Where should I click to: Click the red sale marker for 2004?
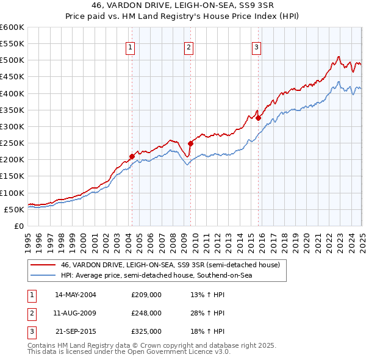(x=132, y=156)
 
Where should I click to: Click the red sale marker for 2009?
(x=190, y=143)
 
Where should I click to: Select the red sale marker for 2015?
(x=258, y=118)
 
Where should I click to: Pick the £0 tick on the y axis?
(x=20, y=226)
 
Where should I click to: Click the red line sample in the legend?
(x=43, y=265)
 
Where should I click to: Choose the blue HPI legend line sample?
(x=43, y=276)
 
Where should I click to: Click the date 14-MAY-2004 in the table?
(x=76, y=295)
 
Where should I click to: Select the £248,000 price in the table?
(x=146, y=313)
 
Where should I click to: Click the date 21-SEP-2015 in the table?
(x=76, y=331)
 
